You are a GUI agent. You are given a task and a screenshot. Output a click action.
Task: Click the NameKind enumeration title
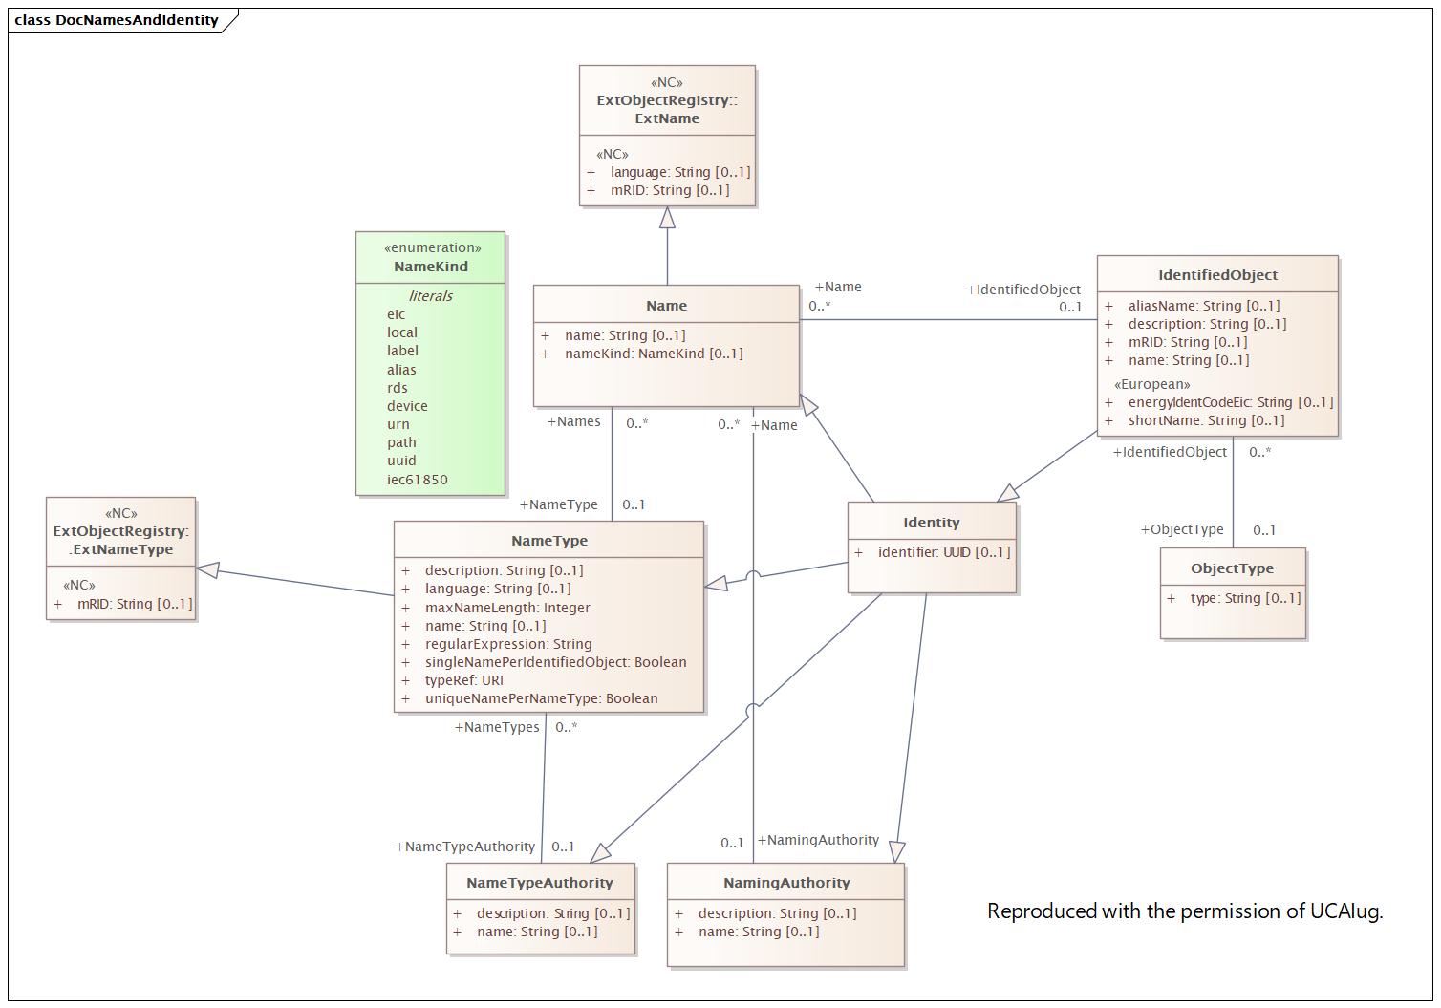[x=431, y=267]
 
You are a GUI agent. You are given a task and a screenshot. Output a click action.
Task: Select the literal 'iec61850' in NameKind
[x=417, y=480]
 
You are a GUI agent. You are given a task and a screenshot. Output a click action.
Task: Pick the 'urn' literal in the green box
[x=398, y=424]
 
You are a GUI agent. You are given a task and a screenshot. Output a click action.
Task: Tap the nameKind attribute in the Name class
[x=653, y=354]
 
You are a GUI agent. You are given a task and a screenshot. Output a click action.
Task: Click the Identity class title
[x=931, y=523]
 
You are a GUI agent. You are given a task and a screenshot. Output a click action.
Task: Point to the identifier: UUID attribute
[x=943, y=552]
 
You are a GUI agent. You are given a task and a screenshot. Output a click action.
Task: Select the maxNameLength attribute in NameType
[x=506, y=608]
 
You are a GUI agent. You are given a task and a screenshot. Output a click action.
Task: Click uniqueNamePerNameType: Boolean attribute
[x=541, y=698]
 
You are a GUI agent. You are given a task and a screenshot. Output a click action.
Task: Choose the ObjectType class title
[x=1232, y=568]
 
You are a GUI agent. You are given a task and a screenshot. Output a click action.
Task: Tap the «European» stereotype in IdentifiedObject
[x=1151, y=384]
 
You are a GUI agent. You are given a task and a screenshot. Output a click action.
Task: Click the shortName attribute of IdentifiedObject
[x=1205, y=420]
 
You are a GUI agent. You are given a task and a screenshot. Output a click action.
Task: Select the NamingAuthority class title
[x=785, y=883]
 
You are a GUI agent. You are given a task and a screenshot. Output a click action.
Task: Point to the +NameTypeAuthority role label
[x=465, y=847]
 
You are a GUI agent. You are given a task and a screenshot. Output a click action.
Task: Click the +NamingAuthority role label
[x=818, y=840]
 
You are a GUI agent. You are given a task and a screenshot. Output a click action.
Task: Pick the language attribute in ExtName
[x=679, y=172]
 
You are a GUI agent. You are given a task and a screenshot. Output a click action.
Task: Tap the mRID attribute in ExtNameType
[x=134, y=604]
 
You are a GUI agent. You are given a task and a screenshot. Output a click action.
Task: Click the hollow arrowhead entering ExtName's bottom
[x=667, y=218]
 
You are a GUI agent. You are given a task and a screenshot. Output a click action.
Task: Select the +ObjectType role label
[x=1182, y=529]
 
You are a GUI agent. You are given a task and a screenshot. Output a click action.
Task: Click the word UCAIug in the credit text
[x=1345, y=911]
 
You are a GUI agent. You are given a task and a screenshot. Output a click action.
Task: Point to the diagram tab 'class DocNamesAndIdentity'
[x=117, y=20]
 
